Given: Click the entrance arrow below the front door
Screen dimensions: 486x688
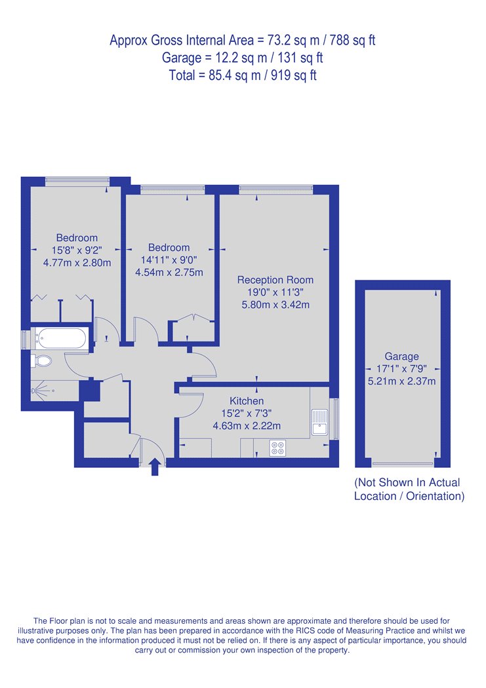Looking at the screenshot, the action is [x=155, y=467].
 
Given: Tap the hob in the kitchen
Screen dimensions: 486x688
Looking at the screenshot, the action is [x=277, y=448].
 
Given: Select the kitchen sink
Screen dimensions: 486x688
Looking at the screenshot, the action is [x=319, y=422].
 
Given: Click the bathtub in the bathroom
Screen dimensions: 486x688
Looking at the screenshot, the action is [x=61, y=339].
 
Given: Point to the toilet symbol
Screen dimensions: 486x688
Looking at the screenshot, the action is [x=41, y=361].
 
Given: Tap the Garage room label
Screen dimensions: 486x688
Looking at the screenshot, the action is [x=401, y=356].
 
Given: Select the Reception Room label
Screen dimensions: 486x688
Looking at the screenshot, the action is [x=275, y=280].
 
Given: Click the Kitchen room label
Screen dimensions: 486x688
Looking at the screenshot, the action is [x=247, y=401].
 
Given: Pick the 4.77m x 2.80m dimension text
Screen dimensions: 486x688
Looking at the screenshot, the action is [x=77, y=263].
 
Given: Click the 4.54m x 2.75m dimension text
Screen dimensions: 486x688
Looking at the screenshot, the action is [x=169, y=273].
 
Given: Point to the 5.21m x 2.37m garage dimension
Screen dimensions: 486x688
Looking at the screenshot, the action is [x=401, y=381].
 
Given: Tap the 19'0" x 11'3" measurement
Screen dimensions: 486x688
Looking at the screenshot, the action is [x=275, y=292].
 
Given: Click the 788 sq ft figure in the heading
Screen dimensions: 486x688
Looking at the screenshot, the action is [x=353, y=41].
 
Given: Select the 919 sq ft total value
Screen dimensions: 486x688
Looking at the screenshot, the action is [x=294, y=75].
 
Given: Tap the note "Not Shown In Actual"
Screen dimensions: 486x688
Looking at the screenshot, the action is [x=407, y=483].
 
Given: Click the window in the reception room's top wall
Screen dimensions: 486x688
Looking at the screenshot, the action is [x=275, y=189].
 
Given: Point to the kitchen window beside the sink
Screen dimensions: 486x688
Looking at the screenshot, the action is [x=334, y=419].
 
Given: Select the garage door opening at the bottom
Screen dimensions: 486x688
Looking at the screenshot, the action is [x=403, y=463].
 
